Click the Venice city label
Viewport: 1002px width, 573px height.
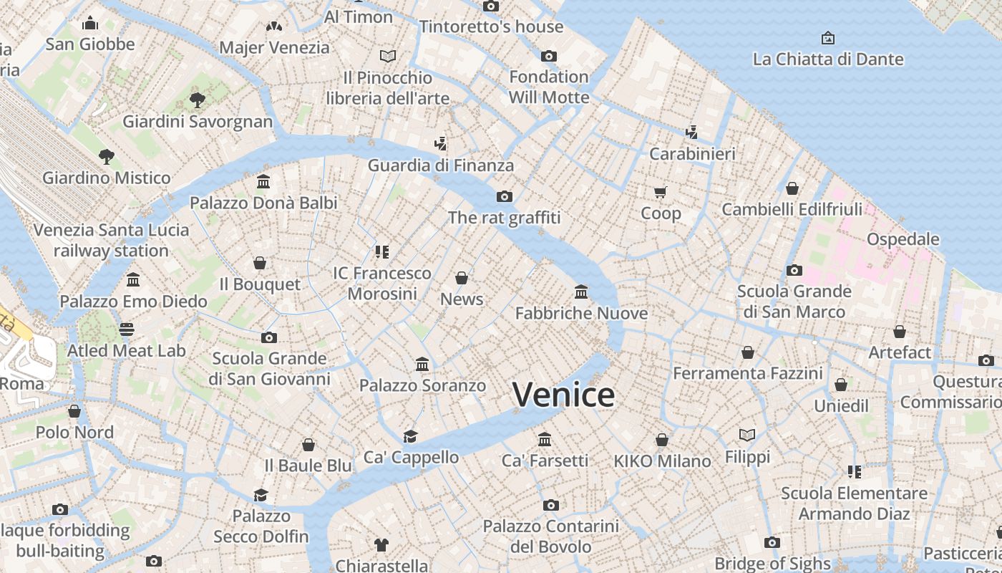point(563,395)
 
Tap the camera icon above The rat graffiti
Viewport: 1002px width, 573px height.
point(505,196)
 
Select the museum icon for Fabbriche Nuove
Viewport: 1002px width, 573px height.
point(581,292)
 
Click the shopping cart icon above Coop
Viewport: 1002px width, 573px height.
point(660,192)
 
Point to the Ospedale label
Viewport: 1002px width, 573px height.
point(903,239)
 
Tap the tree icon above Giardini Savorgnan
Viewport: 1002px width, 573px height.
point(198,100)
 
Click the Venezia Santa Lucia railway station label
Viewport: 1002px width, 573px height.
point(111,240)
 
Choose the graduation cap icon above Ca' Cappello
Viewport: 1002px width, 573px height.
point(410,436)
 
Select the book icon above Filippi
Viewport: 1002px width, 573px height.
point(747,435)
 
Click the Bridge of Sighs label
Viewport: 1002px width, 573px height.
point(772,563)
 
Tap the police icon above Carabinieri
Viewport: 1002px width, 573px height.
point(691,132)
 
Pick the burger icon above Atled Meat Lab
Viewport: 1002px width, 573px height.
point(127,329)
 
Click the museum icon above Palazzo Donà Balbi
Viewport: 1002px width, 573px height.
point(263,182)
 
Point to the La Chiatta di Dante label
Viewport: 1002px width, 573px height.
point(828,59)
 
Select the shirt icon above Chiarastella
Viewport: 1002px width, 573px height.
point(381,545)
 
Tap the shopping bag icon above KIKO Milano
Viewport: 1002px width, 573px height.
point(662,440)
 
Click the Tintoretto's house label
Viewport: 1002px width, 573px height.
point(492,27)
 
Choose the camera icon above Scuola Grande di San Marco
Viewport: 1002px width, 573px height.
point(794,270)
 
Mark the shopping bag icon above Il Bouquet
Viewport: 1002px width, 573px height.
point(260,263)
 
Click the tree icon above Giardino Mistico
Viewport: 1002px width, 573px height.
point(107,156)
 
